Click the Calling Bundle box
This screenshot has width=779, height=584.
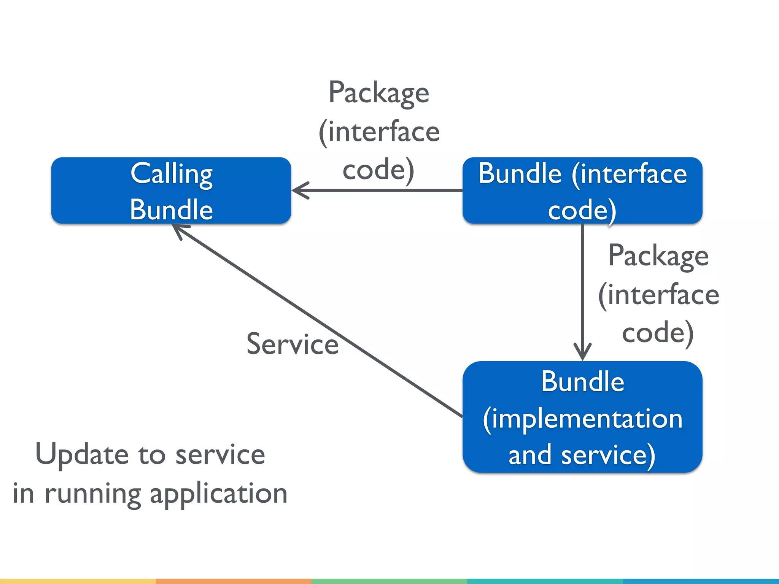[171, 190]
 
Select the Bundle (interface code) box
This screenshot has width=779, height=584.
[582, 190]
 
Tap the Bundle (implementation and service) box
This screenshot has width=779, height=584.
[582, 417]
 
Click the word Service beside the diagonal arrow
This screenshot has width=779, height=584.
[292, 344]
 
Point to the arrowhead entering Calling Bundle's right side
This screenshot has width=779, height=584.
[299, 190]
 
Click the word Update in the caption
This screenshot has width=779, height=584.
[82, 454]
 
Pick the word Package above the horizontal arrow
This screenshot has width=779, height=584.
[379, 93]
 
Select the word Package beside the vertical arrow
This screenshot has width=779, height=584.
[658, 256]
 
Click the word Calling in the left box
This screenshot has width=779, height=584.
[171, 174]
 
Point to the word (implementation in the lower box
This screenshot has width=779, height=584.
[582, 419]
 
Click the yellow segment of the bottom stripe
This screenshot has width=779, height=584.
[78, 581]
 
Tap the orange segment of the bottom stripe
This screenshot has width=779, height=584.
[234, 581]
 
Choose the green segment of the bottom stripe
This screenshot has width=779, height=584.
[389, 581]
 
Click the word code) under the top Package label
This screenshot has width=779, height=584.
[378, 170]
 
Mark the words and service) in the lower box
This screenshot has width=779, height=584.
[582, 455]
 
